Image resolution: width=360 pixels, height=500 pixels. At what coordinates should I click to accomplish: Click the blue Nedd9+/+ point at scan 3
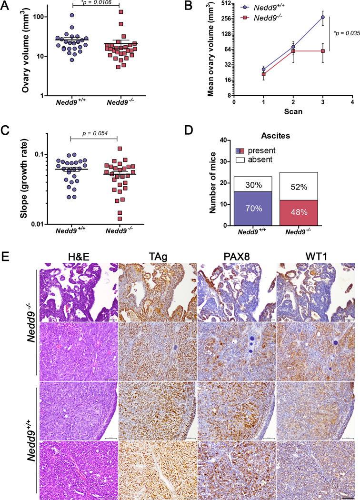[323, 17]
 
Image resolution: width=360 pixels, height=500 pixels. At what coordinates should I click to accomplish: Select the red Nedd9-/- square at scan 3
[323, 50]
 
